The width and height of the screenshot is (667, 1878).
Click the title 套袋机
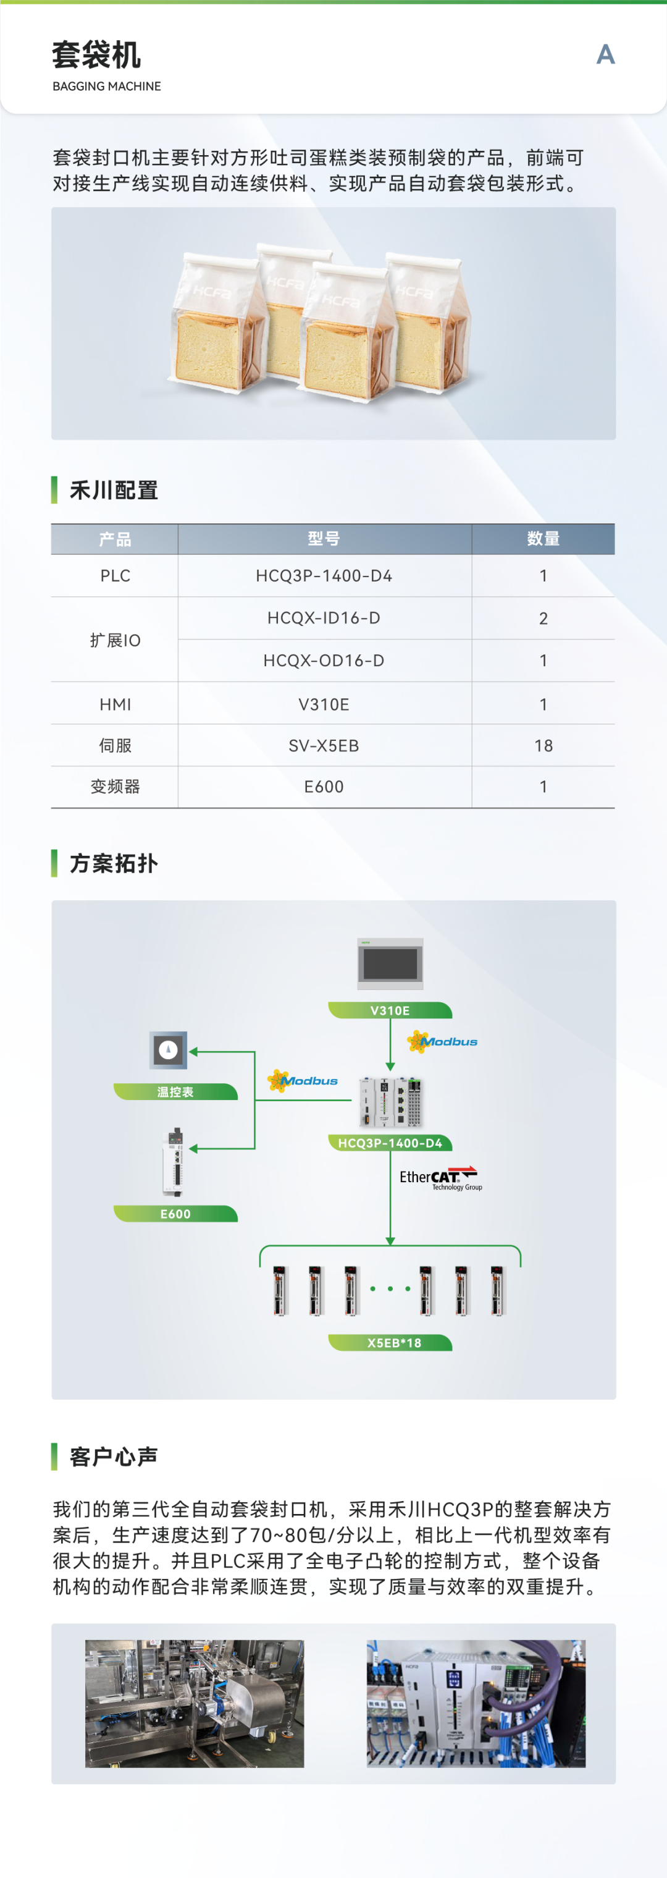point(96,56)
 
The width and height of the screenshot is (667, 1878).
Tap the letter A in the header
point(605,54)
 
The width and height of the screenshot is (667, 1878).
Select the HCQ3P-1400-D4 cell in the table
point(324,576)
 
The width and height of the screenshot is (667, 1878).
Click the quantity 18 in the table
point(543,746)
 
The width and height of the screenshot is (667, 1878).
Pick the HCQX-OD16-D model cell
point(324,661)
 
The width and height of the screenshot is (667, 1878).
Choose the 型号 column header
point(324,539)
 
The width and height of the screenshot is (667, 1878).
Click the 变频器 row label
point(115,787)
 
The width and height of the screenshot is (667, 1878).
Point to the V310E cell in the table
point(324,704)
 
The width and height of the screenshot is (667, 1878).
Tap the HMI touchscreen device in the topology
point(390,963)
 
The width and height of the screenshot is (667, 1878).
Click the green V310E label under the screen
point(390,1010)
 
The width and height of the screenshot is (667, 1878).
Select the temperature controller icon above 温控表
point(169,1050)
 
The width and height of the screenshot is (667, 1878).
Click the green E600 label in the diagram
point(175,1214)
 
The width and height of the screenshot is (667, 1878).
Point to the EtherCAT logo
point(440,1177)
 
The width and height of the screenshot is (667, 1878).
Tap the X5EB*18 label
point(393,1343)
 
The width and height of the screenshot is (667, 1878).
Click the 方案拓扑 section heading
point(114,863)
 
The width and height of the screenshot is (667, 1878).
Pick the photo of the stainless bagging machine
point(195,1703)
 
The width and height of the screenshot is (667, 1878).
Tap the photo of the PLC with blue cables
point(476,1703)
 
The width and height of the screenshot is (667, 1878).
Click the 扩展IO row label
point(115,640)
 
